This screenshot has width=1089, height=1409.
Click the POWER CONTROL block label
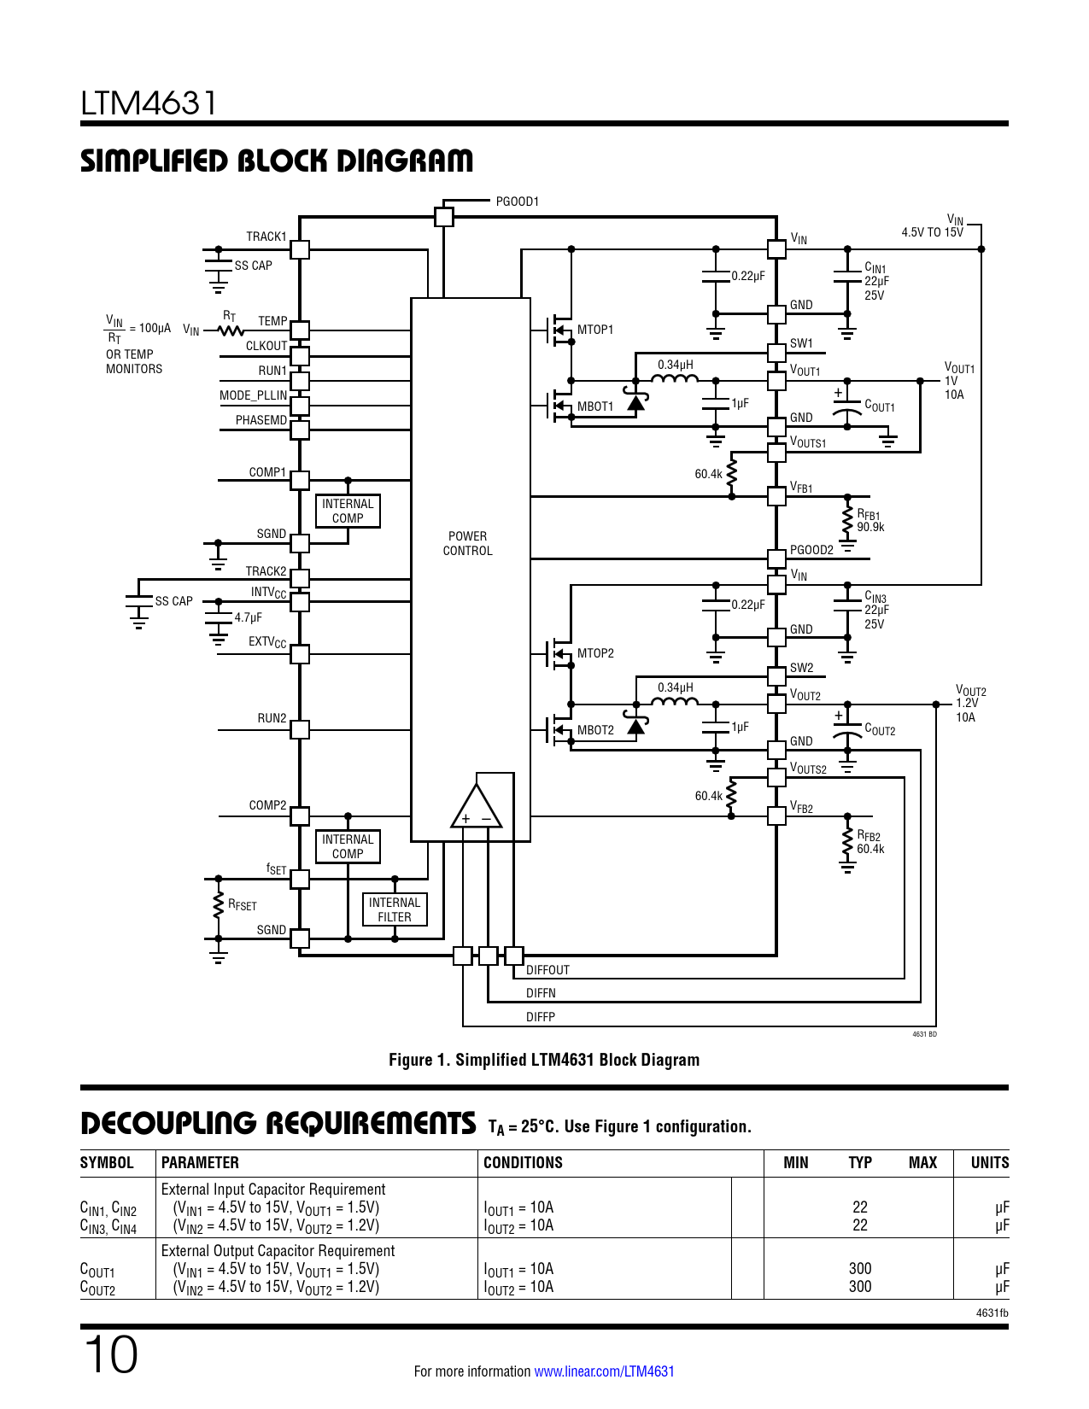click(467, 544)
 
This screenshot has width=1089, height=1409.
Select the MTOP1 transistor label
click(595, 330)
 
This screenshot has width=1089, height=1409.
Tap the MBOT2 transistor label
click(595, 730)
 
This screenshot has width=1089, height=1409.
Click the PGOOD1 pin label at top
click(517, 202)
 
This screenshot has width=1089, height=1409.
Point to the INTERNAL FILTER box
click(395, 910)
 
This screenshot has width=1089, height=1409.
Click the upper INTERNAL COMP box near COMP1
click(348, 512)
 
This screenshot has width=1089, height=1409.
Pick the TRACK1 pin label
click(266, 237)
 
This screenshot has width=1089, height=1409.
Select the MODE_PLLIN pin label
click(253, 395)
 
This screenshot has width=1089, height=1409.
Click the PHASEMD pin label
click(261, 420)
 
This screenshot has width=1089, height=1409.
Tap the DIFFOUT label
click(547, 970)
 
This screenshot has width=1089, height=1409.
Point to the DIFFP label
click(541, 1017)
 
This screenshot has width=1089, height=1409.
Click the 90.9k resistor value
click(871, 527)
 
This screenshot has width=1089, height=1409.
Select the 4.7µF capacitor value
click(249, 617)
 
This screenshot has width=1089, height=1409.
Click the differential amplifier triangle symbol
click(476, 807)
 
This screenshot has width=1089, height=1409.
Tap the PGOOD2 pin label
click(811, 550)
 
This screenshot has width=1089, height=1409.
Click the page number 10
click(110, 1355)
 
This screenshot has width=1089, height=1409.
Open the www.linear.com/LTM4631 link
click(604, 1371)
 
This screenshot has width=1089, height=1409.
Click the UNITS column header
click(990, 1163)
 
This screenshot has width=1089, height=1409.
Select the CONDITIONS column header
click(523, 1163)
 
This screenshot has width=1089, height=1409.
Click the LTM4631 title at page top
click(149, 103)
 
